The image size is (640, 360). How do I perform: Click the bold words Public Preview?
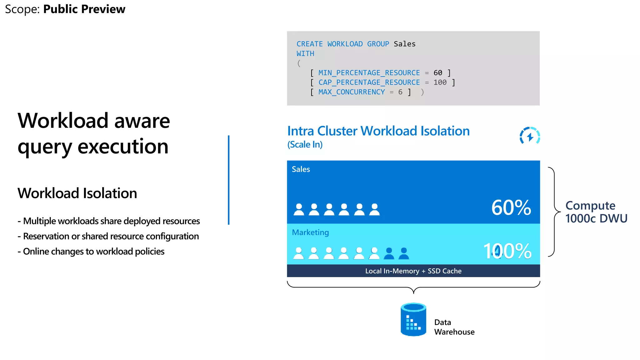pos(84,9)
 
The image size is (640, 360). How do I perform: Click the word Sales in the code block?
pos(404,44)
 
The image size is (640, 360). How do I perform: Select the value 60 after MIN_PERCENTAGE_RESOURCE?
pos(438,73)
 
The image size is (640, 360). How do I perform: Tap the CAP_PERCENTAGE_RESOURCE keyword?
pos(369,82)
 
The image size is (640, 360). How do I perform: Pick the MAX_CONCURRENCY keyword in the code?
pos(352,92)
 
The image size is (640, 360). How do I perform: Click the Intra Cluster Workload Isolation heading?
pos(378,131)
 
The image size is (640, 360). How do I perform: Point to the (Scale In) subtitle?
pos(305,144)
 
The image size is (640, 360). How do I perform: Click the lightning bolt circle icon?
pos(530,136)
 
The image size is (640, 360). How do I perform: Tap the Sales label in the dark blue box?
pos(301,169)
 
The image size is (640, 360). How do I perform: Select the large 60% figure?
pos(511,207)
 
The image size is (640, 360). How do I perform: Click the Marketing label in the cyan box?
pos(310,232)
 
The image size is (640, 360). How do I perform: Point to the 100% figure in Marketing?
pos(507,251)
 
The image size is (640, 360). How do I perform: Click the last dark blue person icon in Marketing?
pos(404,253)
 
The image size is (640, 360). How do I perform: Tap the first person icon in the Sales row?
pos(299,210)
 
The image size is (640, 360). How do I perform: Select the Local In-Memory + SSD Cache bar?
pos(413,271)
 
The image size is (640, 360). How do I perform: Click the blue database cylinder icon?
pos(413,319)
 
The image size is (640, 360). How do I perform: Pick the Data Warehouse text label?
pos(454,327)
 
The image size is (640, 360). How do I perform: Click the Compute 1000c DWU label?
pos(596,212)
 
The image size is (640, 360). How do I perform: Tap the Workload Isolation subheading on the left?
pos(77,193)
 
